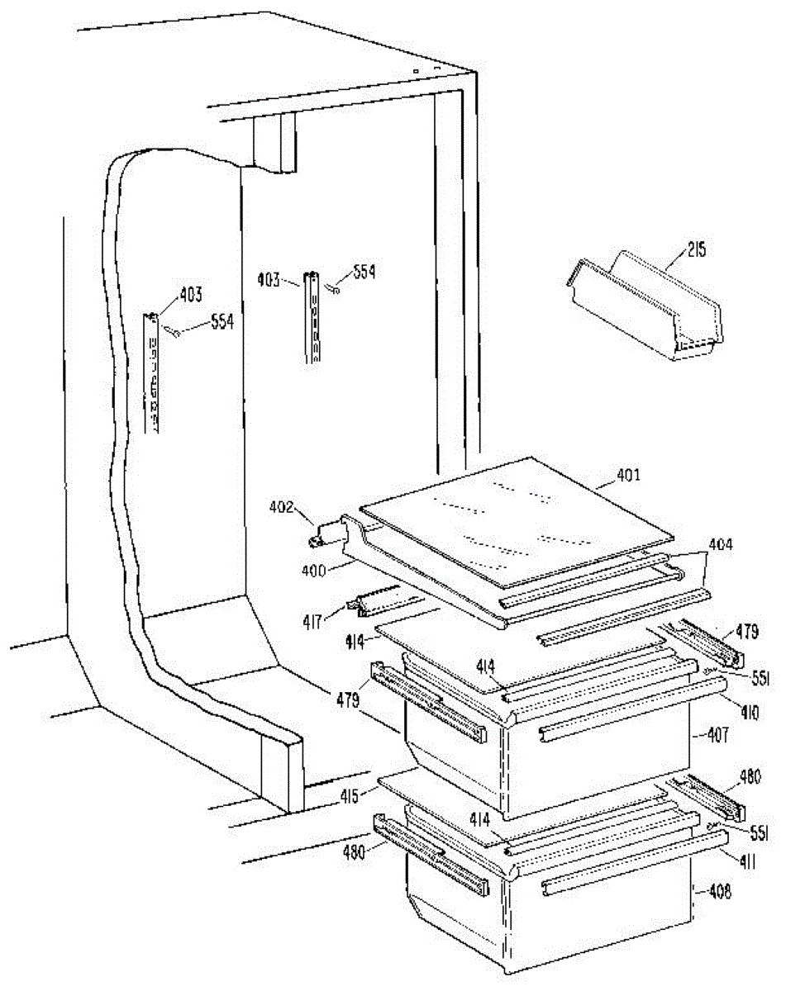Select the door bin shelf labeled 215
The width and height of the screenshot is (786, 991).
649,310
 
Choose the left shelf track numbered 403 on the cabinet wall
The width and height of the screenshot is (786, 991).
151,372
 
